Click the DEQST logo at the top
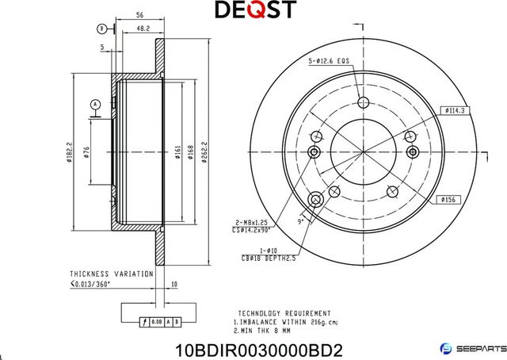point(256,10)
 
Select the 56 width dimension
point(139,14)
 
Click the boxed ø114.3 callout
point(453,110)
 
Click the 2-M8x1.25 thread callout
point(258,223)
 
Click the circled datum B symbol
point(101,29)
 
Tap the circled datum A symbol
point(95,104)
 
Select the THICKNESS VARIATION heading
point(111,273)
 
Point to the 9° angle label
point(301,223)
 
